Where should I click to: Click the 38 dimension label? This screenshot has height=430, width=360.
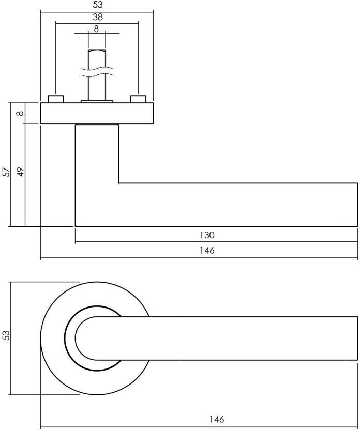click(97, 17)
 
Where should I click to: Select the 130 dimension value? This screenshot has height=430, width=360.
click(207, 235)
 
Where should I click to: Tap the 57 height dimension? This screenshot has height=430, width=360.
click(7, 172)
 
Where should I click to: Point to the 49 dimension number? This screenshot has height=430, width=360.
click(21, 172)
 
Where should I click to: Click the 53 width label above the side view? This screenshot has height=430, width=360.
click(98, 5)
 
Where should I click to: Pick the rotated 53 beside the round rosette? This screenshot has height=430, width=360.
click(7, 335)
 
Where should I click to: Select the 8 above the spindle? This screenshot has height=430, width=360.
click(96, 29)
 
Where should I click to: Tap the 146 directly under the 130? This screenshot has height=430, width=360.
click(207, 251)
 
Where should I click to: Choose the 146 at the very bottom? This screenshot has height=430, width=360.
click(218, 420)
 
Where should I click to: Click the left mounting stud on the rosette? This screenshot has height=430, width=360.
click(55, 99)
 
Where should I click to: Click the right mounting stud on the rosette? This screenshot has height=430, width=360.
click(138, 99)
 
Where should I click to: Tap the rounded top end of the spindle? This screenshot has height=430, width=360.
click(97, 52)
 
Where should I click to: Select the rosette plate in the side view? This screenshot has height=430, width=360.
click(97, 113)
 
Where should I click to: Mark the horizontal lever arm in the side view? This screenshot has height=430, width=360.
click(238, 205)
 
